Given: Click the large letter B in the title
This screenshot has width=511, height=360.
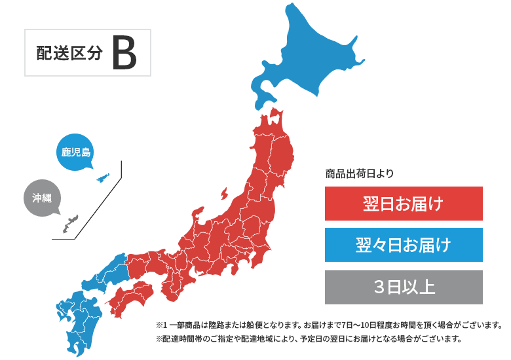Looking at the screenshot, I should point(124,53).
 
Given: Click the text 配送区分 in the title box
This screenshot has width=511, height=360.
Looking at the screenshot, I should point(69,54).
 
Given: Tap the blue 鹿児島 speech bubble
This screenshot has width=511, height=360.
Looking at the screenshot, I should point(76,153).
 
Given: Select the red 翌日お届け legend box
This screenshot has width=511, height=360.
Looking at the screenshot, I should point(404,204).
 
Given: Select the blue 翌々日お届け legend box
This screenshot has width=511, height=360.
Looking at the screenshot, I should point(404,245).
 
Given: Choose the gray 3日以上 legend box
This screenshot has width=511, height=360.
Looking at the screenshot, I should point(404,287).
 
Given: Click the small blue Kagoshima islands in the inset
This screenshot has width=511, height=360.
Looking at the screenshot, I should point(103,177).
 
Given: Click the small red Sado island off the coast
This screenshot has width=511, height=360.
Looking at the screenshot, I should point(224,194).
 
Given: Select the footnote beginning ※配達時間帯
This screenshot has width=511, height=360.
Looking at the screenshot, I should point(309,339).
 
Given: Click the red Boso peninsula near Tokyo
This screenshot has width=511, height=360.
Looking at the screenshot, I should point(261,259).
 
